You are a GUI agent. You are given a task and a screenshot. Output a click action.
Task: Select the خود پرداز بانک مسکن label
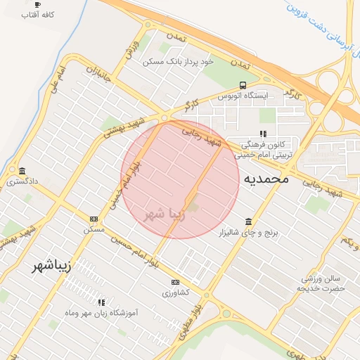(x=178, y=62)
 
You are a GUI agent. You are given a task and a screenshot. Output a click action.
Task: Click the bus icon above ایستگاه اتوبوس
(x=243, y=84)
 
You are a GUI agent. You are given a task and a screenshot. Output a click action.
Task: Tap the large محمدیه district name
(x=266, y=179)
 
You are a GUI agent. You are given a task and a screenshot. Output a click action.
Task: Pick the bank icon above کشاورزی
(x=175, y=283)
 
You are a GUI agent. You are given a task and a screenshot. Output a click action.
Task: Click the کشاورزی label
(x=175, y=292)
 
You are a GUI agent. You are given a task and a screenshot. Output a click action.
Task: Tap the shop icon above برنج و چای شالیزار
(x=247, y=221)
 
